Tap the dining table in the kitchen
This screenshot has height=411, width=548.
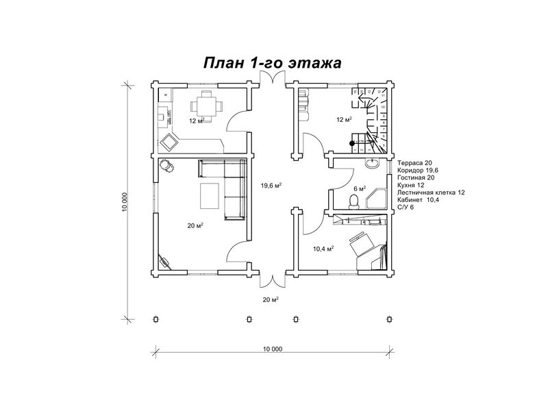[x=203, y=105]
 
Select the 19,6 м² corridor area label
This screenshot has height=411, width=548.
[x=272, y=185]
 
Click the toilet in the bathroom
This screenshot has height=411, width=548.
[x=353, y=200]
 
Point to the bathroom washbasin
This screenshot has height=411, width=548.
[x=373, y=164]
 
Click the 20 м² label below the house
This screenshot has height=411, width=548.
[x=270, y=299]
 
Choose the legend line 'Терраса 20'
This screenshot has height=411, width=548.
[x=414, y=163]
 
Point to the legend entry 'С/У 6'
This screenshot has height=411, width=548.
[x=406, y=207]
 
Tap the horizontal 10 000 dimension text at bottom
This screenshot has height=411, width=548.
[x=272, y=349]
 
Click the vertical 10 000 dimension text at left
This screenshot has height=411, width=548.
[x=125, y=200]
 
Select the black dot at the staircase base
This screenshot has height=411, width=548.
[x=352, y=144]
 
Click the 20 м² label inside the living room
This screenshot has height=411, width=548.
[x=196, y=225]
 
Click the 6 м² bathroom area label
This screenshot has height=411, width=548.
[x=360, y=188]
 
